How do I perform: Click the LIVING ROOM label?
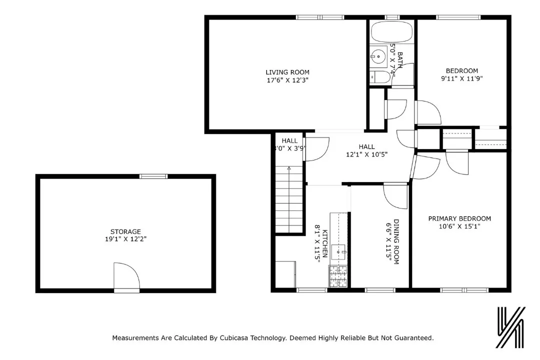[287, 72]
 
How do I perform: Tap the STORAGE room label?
[125, 231]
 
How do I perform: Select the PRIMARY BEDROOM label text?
[459, 218]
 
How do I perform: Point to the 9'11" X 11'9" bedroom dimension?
[461, 78]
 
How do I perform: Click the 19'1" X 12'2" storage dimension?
[125, 239]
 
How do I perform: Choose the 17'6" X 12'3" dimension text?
[287, 80]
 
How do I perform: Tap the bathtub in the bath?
[391, 32]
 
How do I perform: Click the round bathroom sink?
[377, 56]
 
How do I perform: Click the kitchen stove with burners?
[338, 276]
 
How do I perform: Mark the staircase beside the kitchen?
[289, 200]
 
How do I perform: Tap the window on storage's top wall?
[153, 176]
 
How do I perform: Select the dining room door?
[395, 195]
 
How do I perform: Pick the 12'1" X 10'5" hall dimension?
[366, 154]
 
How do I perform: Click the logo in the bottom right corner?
[510, 328]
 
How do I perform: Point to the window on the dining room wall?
[380, 290]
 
